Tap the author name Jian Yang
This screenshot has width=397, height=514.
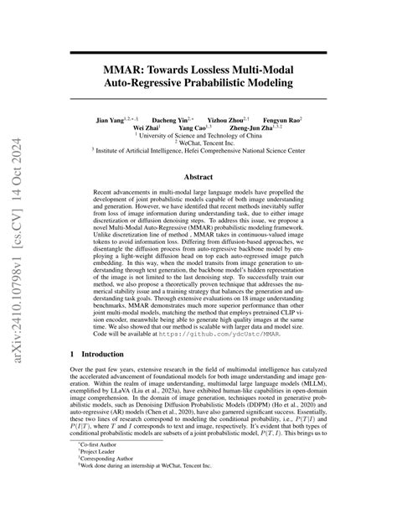112,121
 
